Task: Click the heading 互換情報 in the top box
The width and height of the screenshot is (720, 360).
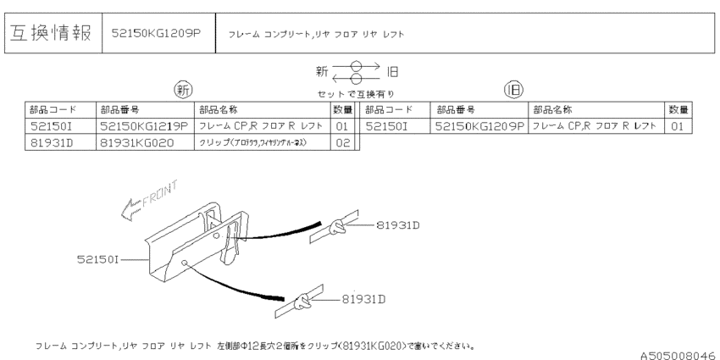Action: click(x=52, y=33)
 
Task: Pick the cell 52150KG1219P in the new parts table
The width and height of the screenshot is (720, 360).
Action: click(x=144, y=126)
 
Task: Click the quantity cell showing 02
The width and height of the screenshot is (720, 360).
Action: click(x=341, y=142)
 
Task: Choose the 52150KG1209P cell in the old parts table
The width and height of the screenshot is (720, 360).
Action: click(x=479, y=126)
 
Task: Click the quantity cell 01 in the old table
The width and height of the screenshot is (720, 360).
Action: click(x=678, y=126)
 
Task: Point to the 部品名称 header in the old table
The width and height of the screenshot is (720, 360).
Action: click(x=552, y=110)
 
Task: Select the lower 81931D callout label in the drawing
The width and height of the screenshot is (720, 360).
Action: click(x=365, y=299)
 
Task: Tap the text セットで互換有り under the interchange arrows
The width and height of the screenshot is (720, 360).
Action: click(x=356, y=93)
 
